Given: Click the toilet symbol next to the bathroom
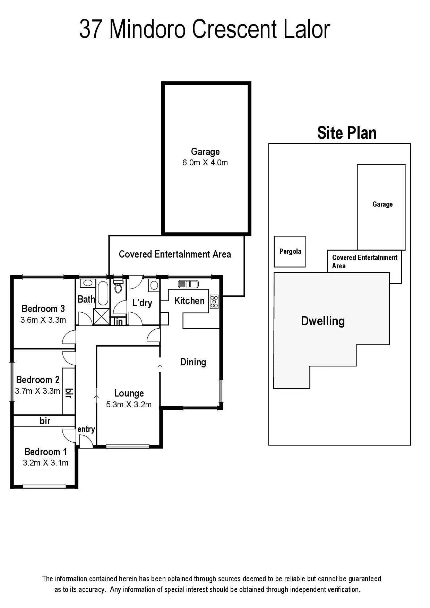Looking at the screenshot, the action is (118, 287).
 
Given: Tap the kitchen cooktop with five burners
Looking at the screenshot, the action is (214, 302).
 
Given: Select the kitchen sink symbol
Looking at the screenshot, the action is (188, 284).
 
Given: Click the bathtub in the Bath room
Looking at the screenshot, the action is (103, 293).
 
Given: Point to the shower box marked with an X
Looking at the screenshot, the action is (102, 316).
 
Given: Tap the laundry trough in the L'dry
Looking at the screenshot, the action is (154, 285).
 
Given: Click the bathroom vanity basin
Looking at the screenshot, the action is (87, 283).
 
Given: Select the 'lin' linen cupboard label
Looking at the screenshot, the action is (118, 321).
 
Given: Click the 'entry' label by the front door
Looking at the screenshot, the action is (86, 429).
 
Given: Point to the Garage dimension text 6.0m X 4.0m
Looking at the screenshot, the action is (205, 163).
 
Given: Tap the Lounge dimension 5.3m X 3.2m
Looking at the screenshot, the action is (129, 405).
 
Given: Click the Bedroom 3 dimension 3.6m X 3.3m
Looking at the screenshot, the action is (43, 320).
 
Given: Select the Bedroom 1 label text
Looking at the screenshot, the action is (45, 452).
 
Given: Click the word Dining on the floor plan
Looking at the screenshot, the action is (193, 362).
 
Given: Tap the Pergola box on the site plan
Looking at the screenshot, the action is (290, 252).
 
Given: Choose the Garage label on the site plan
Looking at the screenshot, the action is (382, 204).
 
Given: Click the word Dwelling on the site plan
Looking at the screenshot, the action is (322, 321).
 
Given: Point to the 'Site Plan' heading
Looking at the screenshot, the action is (346, 133).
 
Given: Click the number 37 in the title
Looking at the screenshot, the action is (91, 30).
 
